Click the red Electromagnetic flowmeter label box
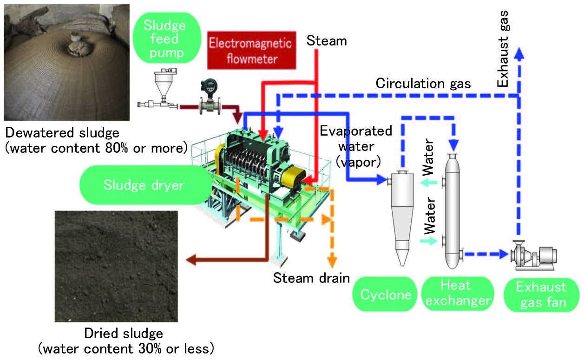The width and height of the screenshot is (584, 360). pyautogui.click(x=250, y=51)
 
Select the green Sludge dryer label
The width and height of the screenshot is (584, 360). pyautogui.click(x=144, y=185)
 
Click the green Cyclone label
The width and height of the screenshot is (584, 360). pyautogui.click(x=386, y=295)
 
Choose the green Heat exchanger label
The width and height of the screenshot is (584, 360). pyautogui.click(x=458, y=294)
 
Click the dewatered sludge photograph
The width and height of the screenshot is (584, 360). pyautogui.click(x=66, y=62)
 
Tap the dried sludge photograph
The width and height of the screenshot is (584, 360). pyautogui.click(x=116, y=266)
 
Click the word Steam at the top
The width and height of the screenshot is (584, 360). pyautogui.click(x=327, y=41)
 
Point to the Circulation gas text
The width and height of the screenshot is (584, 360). pyautogui.click(x=423, y=84)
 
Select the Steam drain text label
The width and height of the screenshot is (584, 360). pyautogui.click(x=311, y=278)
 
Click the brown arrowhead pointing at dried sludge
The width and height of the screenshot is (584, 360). pyautogui.click(x=189, y=260)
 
